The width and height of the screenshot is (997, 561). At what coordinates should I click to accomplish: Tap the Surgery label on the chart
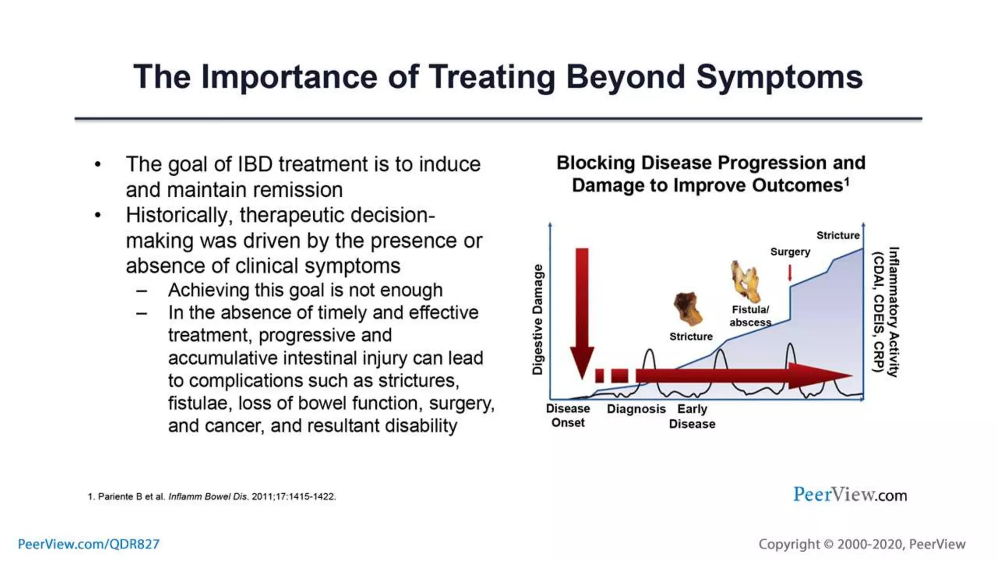[x=790, y=252]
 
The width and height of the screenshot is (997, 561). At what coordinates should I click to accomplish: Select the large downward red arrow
[x=582, y=312]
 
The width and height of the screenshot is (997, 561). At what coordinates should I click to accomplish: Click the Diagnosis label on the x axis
[x=636, y=409]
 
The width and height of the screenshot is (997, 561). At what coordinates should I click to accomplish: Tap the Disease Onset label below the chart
[x=568, y=415]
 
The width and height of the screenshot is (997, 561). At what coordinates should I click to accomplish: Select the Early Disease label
[x=692, y=416]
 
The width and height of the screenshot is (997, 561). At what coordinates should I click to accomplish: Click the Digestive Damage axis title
[x=537, y=319]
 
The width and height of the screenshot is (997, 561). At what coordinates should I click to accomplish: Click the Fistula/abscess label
[x=750, y=316]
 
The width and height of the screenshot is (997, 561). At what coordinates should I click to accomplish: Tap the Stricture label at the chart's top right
[x=838, y=235]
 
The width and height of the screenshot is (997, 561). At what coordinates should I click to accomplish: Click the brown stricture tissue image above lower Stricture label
[x=688, y=309]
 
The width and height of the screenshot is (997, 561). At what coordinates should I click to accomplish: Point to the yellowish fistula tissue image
[x=745, y=281]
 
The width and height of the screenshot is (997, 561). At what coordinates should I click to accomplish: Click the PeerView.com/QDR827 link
[x=89, y=544]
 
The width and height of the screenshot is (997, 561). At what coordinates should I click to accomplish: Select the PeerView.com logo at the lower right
[x=850, y=495]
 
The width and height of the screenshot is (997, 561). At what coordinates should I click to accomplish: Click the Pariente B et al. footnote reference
[x=212, y=497]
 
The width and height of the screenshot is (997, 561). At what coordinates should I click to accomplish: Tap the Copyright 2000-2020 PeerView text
[x=862, y=544]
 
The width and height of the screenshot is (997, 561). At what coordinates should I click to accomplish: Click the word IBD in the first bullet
[x=255, y=164]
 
